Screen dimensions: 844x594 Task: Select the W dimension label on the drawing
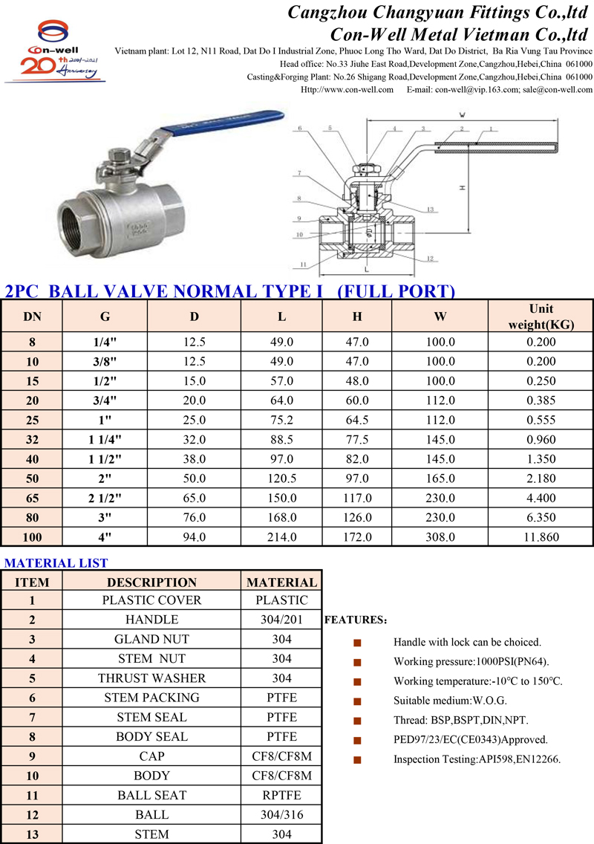pyautogui.click(x=461, y=115)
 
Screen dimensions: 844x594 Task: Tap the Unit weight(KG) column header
pyautogui.click(x=541, y=316)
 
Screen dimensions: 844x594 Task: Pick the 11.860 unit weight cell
pyautogui.click(x=541, y=536)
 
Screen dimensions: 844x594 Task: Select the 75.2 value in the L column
pyautogui.click(x=282, y=420)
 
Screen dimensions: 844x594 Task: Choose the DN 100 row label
pyautogui.click(x=32, y=536)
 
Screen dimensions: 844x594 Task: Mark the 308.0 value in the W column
pyautogui.click(x=440, y=536)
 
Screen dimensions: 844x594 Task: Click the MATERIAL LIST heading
pyautogui.click(x=56, y=563)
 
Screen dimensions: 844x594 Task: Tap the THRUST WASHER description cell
pyautogui.click(x=151, y=678)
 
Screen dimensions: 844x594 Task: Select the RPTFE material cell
pyautogui.click(x=281, y=795)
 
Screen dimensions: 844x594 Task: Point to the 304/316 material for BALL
pyautogui.click(x=281, y=814)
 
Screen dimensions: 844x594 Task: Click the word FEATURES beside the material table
pyautogui.click(x=355, y=620)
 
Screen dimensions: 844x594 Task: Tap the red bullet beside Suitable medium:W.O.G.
pyautogui.click(x=357, y=701)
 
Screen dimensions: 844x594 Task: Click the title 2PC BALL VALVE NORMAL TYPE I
pyautogui.click(x=163, y=291)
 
